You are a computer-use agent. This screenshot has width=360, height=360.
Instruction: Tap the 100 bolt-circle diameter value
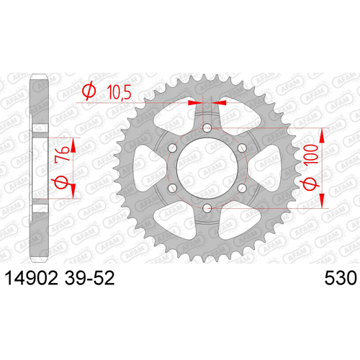coord(311,155)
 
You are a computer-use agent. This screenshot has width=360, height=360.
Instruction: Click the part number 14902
coord(32,279)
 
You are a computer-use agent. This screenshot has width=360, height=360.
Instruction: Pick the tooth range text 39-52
coord(89,279)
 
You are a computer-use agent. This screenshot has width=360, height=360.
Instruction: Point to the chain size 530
coord(341,279)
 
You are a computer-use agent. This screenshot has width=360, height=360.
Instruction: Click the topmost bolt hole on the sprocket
coord(207,128)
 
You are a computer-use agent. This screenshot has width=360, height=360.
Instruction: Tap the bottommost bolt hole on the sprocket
coord(207,208)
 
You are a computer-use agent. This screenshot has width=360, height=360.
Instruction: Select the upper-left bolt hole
coord(172,148)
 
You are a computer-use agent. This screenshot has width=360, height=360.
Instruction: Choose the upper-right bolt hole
coord(242,148)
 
